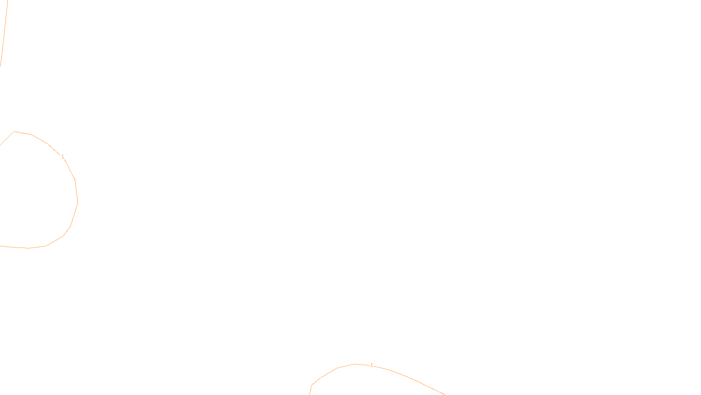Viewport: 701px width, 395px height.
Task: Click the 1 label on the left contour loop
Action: (63, 157)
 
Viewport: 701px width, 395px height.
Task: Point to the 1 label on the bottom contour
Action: (372, 365)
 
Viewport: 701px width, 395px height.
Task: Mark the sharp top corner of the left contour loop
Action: (15, 131)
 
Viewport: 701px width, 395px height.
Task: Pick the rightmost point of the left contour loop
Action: (78, 203)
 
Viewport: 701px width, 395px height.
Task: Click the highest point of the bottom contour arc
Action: (354, 364)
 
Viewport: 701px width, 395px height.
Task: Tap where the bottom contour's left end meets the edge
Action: (310, 394)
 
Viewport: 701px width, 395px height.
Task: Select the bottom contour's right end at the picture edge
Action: (444, 394)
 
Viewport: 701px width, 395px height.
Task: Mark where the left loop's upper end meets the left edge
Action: (0, 144)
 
